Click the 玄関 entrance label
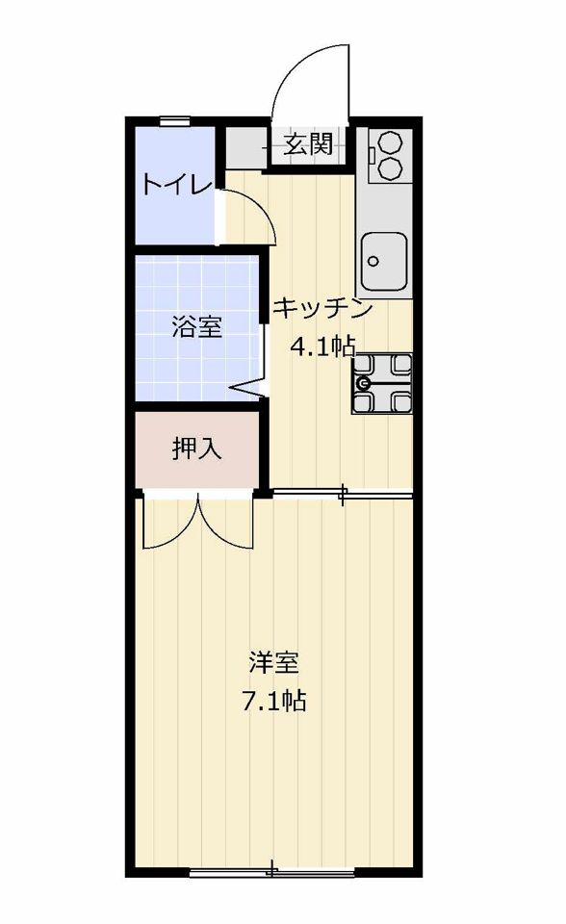[x=308, y=143]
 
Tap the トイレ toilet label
[x=176, y=185]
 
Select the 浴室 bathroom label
[x=197, y=327]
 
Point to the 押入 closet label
[x=197, y=449]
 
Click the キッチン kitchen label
[x=323, y=308]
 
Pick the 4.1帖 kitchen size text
[x=322, y=346]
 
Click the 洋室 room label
[x=273, y=662]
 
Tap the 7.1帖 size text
[x=273, y=701]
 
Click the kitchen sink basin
[x=384, y=260]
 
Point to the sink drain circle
[x=373, y=261]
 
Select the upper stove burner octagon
[x=390, y=142]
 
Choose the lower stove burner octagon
[x=390, y=168]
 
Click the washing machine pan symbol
[x=381, y=384]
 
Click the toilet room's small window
[x=175, y=121]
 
